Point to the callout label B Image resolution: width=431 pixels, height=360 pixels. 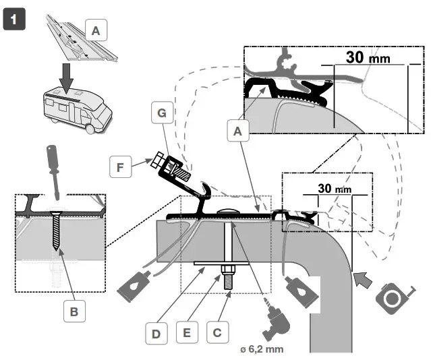74,311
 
